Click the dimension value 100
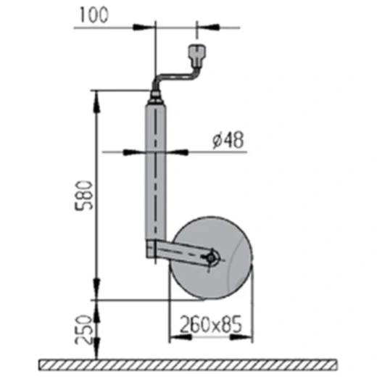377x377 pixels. [96, 15]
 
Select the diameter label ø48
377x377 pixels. [227, 141]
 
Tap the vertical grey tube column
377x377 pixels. [155, 174]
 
